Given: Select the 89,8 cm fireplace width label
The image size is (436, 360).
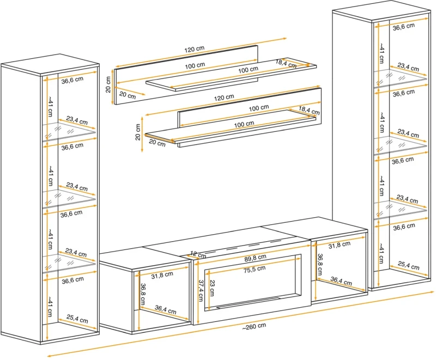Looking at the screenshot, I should [x=255, y=257].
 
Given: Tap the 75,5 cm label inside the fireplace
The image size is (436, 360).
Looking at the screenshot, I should [x=253, y=268].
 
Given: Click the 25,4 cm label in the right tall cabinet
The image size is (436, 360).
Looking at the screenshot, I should [x=408, y=266].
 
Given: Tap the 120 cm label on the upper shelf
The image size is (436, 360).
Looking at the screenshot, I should [x=194, y=50].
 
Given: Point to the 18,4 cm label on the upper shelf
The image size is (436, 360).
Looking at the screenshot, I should [x=286, y=63].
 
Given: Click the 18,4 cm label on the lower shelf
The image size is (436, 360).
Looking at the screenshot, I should [x=309, y=111].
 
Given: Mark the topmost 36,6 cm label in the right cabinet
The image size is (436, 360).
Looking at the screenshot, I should [x=404, y=26].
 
